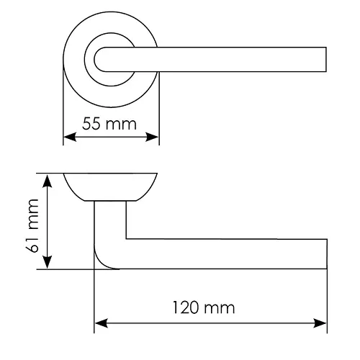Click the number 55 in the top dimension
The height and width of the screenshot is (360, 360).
point(91,124)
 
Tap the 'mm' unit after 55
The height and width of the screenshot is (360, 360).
point(121,125)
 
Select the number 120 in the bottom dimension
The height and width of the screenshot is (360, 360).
point(186,307)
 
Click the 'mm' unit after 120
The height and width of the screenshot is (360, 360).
point(219,310)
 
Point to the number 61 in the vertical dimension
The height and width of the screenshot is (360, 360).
point(32,246)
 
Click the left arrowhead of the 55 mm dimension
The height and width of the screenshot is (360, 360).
point(70,137)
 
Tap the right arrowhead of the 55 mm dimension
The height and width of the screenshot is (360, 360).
point(152,137)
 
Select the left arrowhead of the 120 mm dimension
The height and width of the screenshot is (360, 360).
point(101,323)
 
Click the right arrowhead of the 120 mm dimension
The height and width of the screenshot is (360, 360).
point(320,323)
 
